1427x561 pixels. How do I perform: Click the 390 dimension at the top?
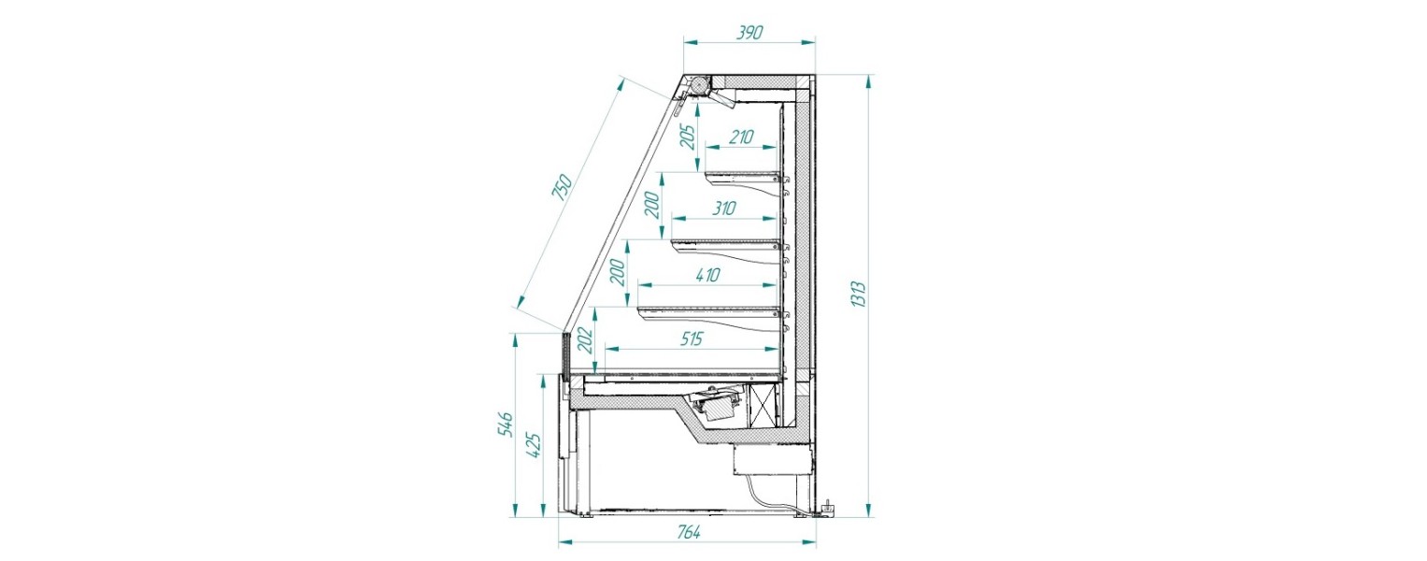point(749,32)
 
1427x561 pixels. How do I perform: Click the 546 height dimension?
point(504,424)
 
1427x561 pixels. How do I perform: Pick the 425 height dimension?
point(535,443)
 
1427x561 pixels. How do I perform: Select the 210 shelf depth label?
point(740,137)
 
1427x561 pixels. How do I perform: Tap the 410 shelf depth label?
point(706,275)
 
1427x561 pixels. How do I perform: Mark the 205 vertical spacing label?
point(686,137)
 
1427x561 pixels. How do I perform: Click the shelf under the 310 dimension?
point(725,244)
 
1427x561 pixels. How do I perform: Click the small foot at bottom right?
point(826,510)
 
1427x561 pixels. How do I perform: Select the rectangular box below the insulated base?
point(771,459)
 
